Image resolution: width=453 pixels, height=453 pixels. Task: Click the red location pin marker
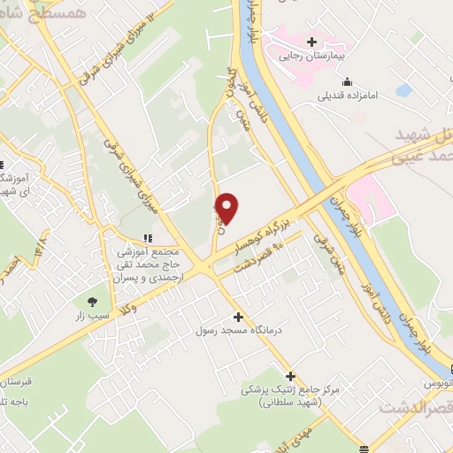click(x=227, y=207)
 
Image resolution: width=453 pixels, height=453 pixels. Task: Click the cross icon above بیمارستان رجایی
click(x=311, y=41)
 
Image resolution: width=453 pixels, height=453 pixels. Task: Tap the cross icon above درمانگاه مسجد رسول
click(x=237, y=317)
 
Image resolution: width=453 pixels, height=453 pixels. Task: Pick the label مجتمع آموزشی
click(x=147, y=252)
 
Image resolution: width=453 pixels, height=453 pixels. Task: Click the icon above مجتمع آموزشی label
click(x=148, y=238)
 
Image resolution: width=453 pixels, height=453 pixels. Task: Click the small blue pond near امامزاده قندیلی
click(x=404, y=90)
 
